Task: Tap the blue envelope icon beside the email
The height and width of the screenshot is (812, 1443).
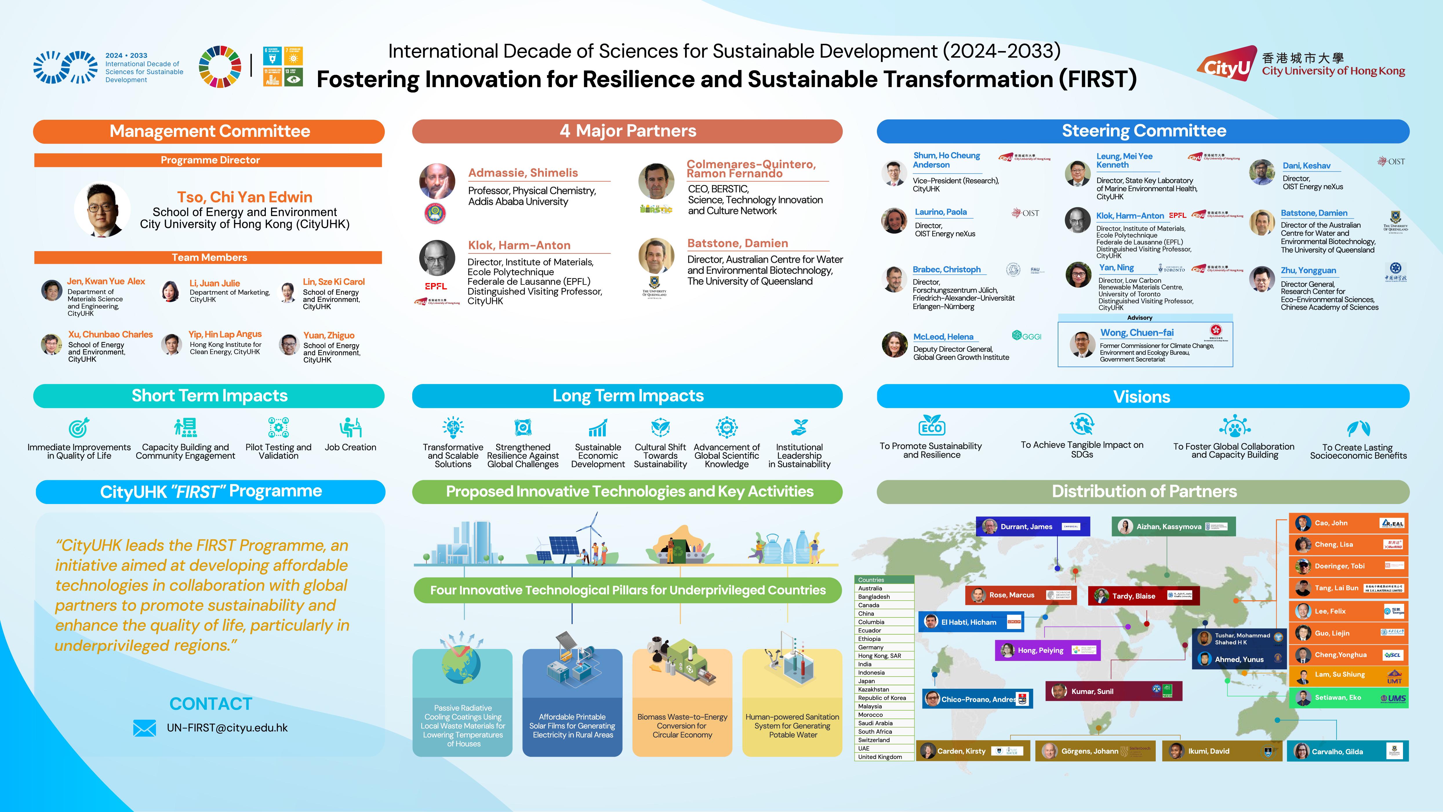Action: coord(145,728)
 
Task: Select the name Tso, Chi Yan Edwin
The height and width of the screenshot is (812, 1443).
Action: coord(245,197)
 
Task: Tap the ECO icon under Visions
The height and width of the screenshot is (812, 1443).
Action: coord(932,426)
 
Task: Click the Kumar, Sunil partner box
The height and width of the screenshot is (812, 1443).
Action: coord(1113,691)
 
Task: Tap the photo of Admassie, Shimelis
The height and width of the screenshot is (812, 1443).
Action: coord(437,182)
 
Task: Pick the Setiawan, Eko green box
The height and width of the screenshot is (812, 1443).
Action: coord(1348,698)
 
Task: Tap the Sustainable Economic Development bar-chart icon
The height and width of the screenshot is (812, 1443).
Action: coord(598,428)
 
